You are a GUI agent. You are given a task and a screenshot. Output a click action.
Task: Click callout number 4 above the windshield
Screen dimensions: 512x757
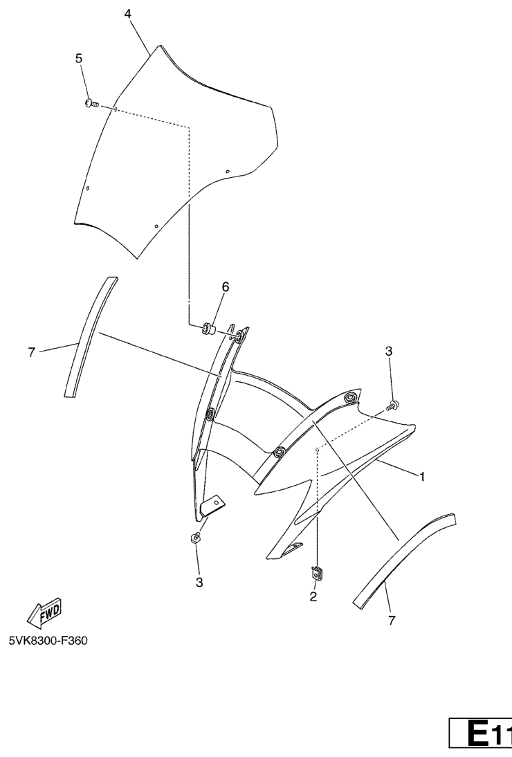[x=127, y=14]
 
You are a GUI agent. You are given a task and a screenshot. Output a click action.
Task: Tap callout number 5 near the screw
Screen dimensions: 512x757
[x=79, y=58]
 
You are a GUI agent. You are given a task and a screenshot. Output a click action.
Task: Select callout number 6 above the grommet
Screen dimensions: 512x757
[x=226, y=286]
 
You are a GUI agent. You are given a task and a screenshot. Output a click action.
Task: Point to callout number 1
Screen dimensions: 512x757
[x=422, y=477]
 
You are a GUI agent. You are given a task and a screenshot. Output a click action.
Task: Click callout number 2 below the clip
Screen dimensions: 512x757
[x=313, y=596]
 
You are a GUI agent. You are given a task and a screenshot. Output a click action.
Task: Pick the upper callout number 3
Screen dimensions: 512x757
[x=389, y=352]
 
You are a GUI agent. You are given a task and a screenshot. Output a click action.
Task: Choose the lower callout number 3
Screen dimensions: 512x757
[x=199, y=583]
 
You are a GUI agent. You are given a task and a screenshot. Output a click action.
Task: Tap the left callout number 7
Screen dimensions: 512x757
[x=31, y=352]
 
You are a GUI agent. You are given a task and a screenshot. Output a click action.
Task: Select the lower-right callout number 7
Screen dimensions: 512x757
[x=392, y=621]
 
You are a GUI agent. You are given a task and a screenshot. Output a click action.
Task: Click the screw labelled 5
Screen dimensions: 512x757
[x=91, y=103]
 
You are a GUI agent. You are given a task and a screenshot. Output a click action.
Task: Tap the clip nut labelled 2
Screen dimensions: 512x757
[x=317, y=572]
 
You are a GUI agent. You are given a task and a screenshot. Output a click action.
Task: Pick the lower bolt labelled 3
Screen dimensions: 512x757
[x=195, y=538]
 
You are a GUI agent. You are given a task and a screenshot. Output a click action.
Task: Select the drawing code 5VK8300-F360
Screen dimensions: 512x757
[x=48, y=641]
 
